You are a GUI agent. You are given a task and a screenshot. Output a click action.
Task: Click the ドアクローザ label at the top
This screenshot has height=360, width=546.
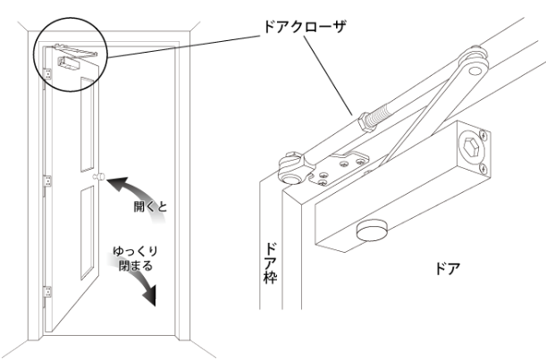(x=305, y=27)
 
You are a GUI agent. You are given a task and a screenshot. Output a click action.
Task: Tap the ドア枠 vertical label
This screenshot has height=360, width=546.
(x=271, y=264)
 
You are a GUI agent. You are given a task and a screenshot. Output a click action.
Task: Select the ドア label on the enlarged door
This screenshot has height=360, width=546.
(x=448, y=269)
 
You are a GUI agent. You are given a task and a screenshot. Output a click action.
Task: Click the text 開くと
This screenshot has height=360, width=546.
(x=150, y=206)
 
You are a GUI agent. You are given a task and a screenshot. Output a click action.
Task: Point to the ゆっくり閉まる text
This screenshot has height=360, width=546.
(x=136, y=259)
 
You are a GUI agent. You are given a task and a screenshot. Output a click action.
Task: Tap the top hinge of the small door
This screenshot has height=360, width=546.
(x=47, y=74)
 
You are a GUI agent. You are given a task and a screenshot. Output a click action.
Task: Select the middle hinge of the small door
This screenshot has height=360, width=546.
(x=47, y=181)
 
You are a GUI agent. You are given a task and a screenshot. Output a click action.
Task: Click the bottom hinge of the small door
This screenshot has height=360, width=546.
(x=47, y=292)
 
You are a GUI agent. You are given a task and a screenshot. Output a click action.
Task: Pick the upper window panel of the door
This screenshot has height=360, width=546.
(x=87, y=124)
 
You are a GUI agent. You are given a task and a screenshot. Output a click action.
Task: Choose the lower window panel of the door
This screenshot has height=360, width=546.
(x=88, y=232)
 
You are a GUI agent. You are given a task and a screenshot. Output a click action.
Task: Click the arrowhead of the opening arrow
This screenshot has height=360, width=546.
(x=115, y=184)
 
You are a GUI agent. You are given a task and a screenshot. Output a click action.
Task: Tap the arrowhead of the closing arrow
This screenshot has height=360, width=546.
(x=150, y=296)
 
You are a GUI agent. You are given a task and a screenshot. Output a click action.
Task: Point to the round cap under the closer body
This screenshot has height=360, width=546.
(x=372, y=230)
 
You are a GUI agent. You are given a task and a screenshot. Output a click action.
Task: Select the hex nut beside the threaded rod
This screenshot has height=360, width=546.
(x=365, y=123)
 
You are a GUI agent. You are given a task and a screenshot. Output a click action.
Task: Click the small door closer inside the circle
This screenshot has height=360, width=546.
(x=71, y=58)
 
